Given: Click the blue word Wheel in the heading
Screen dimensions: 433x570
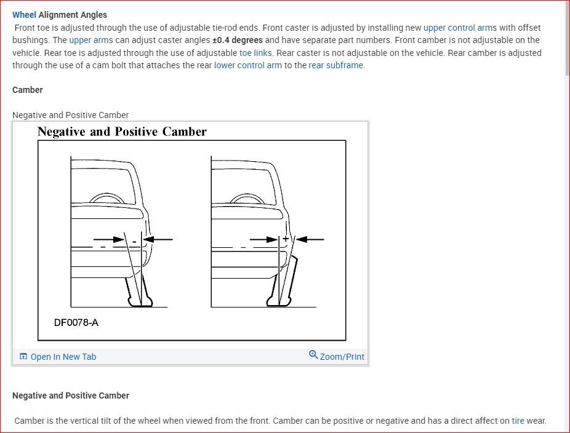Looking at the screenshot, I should [24, 15].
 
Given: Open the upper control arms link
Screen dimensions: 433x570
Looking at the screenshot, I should [459, 28].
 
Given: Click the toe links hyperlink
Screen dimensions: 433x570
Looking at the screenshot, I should [255, 53].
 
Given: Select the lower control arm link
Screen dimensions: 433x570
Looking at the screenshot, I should [247, 65].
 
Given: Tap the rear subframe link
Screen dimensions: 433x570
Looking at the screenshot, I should [336, 65].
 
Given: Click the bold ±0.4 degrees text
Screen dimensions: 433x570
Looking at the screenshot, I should [237, 41].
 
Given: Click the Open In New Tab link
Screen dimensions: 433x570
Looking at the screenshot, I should [63, 357].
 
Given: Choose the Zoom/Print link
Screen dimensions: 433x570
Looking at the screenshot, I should [342, 357].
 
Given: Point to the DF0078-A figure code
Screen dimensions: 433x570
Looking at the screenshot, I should [76, 322].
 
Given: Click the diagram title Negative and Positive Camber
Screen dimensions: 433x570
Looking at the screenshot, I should [122, 132].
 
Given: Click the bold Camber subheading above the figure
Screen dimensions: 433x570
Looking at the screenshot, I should [28, 90].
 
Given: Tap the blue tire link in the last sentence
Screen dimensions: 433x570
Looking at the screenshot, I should [518, 421].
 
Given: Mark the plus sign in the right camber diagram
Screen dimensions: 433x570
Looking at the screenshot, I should [286, 239].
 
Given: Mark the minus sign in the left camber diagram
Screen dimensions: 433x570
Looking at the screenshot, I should [134, 242].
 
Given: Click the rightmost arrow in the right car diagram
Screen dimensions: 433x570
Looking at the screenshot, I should [312, 239].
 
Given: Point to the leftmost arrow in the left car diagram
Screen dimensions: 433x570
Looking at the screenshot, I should [106, 239].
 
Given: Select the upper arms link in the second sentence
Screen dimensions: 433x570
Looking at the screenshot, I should [89, 41].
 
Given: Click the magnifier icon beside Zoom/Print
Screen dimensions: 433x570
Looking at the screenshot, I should [313, 355].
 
